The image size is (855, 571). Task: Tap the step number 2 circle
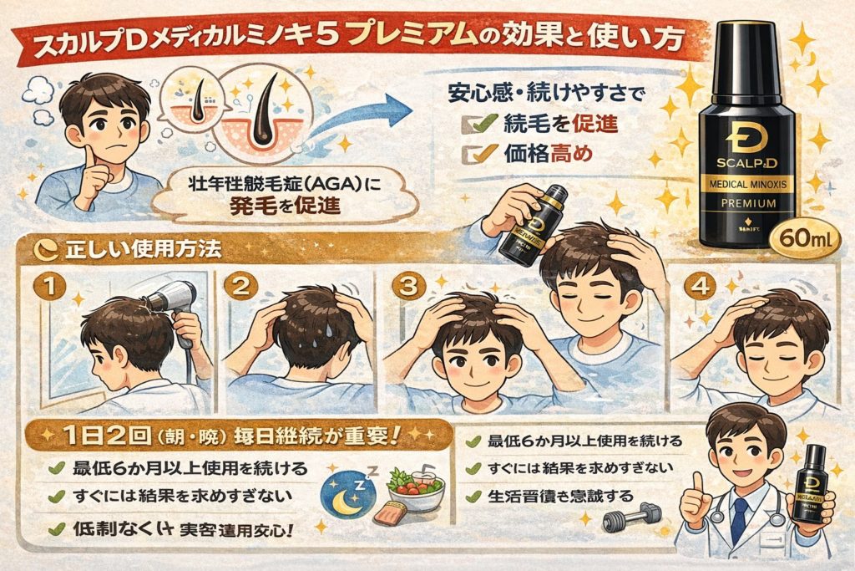tap(241, 288)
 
